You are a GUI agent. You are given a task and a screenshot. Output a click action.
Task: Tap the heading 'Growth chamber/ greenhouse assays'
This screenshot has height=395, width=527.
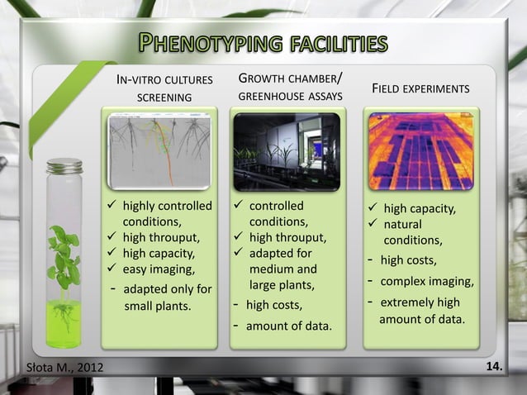[x=290, y=88]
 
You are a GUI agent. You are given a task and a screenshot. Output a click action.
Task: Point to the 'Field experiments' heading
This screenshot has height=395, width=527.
[x=421, y=88]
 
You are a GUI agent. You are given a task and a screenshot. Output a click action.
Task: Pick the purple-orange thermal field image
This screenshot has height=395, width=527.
[x=420, y=150]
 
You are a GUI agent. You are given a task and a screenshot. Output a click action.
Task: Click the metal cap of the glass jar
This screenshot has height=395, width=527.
[x=64, y=166]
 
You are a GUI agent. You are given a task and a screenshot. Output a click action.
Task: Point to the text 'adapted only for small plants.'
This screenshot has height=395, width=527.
[x=166, y=297]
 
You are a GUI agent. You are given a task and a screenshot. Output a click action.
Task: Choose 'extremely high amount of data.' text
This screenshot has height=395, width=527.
[x=425, y=311]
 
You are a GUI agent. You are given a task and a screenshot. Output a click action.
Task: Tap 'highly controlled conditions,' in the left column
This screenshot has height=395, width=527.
[x=166, y=213]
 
